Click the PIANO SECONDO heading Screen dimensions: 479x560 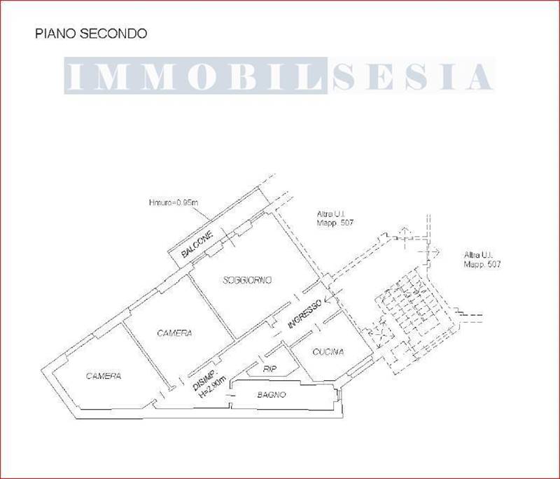pos(91,33)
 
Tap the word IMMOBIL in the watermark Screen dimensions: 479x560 pos(196,76)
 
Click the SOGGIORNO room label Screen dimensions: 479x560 pos(247,280)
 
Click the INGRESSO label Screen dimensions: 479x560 pos(304,315)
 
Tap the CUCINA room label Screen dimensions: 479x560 pos(328,352)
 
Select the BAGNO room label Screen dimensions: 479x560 pos(272,395)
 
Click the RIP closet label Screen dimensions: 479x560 pos(269,368)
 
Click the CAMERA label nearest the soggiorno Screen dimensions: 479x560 pos(174,333)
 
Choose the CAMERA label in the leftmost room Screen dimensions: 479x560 pos(104,376)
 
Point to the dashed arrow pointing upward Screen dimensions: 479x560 pos(405,233)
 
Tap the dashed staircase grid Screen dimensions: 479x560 pos(409,312)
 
